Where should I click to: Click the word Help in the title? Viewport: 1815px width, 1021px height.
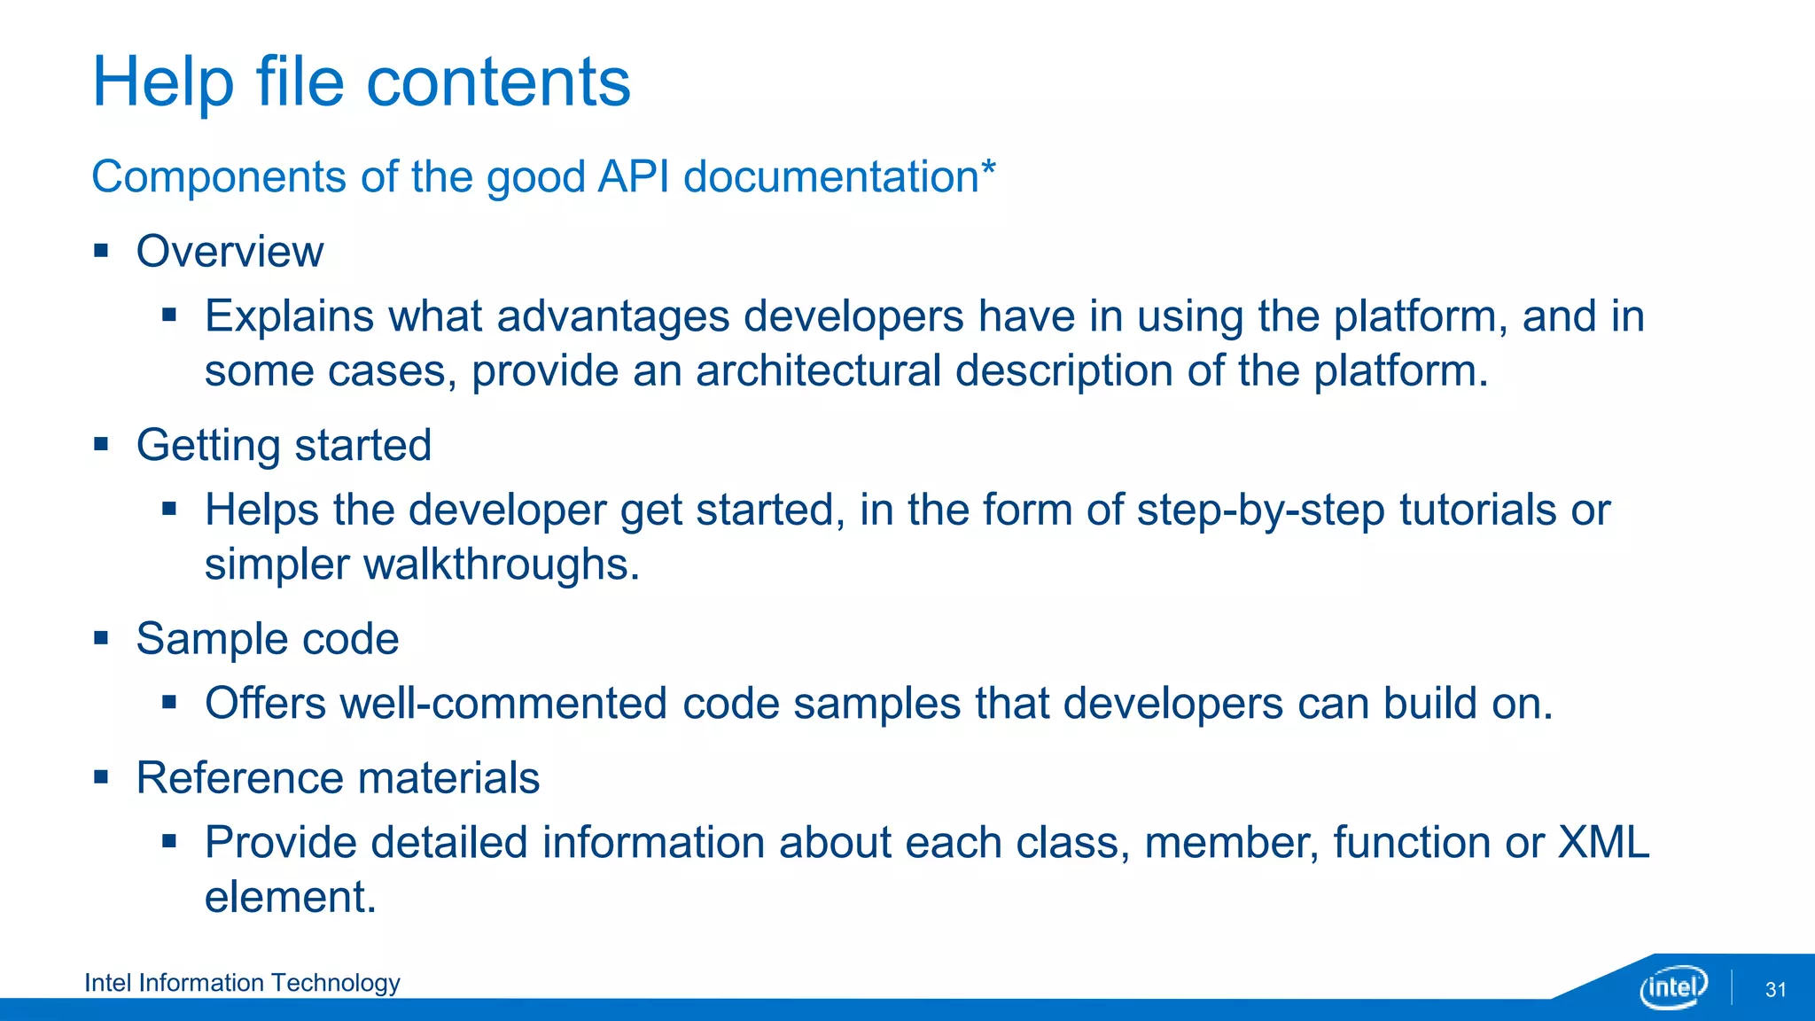(163, 82)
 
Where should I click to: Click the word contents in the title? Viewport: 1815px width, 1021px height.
(498, 82)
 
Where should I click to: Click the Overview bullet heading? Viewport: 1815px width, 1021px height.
(230, 252)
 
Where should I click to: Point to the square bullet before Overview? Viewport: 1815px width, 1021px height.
(101, 251)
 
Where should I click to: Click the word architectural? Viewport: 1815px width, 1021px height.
(817, 370)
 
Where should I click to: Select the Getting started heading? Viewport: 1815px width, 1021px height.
(284, 445)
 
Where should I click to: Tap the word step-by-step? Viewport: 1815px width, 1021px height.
(1260, 510)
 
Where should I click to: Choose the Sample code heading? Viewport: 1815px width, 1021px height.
(267, 639)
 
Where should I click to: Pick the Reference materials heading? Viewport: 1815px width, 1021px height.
(338, 778)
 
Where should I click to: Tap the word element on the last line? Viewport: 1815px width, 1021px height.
(290, 897)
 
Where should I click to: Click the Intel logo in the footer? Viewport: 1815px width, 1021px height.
(1673, 987)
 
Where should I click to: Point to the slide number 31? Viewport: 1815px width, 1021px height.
(1775, 990)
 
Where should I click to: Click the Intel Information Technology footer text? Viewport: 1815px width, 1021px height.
(242, 983)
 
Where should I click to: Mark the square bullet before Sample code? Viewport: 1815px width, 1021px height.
(101, 638)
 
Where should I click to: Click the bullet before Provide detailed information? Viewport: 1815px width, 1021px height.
(170, 841)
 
